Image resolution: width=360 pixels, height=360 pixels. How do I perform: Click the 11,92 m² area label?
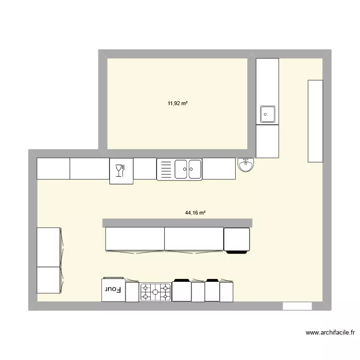click(177, 103)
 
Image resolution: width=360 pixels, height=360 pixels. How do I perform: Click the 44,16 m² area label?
click(195, 213)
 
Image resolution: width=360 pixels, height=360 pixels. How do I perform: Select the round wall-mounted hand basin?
click(247, 166)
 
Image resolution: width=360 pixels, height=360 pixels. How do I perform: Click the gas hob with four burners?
click(156, 291)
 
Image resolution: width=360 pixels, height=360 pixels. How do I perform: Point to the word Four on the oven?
click(113, 289)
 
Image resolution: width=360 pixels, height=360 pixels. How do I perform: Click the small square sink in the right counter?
click(267, 114)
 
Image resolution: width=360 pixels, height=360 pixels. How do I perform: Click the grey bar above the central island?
click(178, 222)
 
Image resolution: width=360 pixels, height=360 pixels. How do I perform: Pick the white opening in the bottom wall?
click(297, 306)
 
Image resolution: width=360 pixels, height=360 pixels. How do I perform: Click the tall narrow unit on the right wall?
click(315, 120)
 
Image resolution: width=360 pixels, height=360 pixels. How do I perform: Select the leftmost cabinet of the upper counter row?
click(53, 168)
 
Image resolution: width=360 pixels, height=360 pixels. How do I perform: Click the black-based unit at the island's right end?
click(237, 239)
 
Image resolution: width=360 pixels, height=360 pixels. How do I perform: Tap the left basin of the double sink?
click(182, 169)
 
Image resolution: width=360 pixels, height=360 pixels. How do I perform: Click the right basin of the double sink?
click(195, 169)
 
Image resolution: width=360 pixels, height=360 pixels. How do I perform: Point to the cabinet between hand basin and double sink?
click(219, 168)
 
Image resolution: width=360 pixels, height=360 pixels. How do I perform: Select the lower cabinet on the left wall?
click(48, 280)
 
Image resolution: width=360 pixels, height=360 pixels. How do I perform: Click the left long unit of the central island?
click(135, 239)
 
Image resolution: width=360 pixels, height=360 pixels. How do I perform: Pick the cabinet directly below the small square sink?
click(267, 141)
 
